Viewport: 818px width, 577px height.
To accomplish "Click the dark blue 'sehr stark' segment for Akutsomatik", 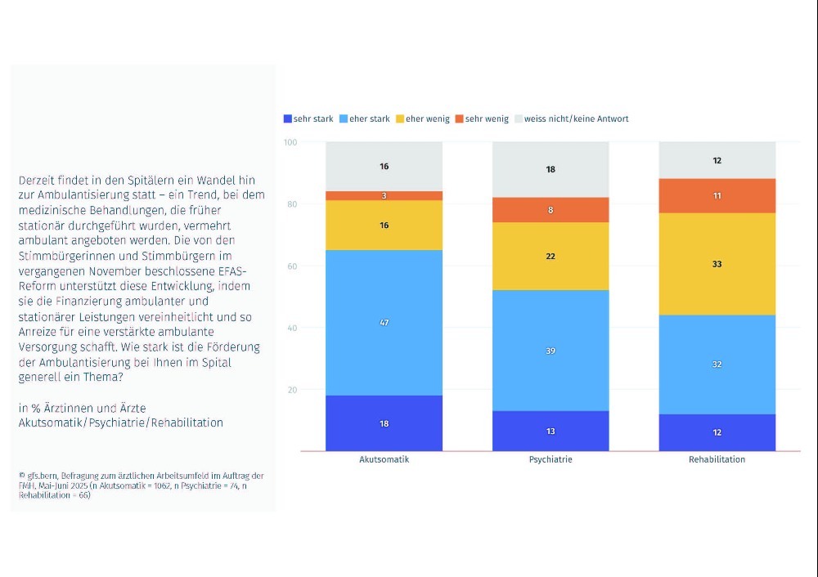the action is (x=384, y=423).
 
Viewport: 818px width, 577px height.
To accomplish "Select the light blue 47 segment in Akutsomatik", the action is (x=384, y=323).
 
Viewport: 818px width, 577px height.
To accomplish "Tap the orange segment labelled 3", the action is (x=384, y=196).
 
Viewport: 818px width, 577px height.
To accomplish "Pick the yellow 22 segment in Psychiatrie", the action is (x=551, y=257).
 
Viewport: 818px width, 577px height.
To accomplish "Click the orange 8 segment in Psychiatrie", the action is (x=551, y=210).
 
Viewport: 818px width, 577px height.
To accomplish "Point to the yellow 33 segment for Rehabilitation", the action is (x=717, y=264).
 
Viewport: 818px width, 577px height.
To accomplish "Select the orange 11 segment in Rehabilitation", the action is (x=717, y=196).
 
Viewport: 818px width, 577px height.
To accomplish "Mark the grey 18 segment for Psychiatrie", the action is (x=551, y=169).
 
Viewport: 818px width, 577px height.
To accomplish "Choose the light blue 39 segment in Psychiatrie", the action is (x=551, y=351).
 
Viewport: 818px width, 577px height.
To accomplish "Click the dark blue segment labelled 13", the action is (x=551, y=431).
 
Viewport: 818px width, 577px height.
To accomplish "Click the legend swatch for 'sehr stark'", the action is (x=287, y=119).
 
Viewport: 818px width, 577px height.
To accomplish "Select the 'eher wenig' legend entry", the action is (x=423, y=119).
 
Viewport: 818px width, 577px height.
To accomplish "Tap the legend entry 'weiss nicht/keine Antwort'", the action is (x=571, y=119).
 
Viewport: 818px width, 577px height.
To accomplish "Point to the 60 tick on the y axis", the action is (x=292, y=266).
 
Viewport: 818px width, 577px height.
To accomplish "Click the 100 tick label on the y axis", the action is (x=290, y=142).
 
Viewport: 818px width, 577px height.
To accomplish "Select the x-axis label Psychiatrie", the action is (x=551, y=459).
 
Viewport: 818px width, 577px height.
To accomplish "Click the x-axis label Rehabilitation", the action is (x=717, y=459).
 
